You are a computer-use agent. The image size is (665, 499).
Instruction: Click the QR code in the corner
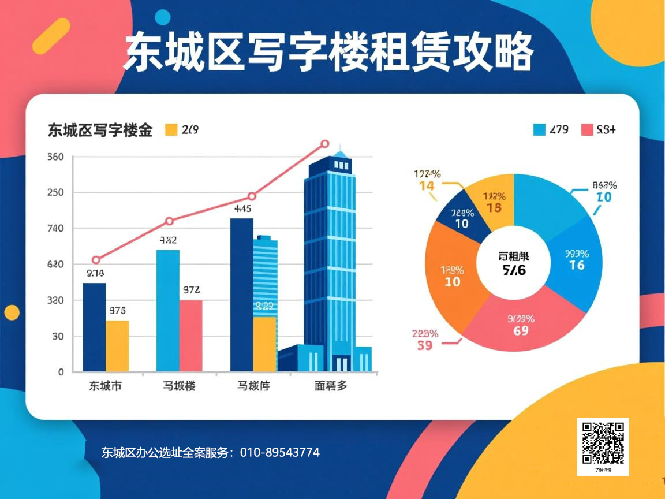pos(603,443)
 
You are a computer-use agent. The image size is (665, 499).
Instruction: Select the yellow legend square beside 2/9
pos(171,130)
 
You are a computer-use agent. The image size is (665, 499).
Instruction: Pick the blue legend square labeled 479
pos(539,129)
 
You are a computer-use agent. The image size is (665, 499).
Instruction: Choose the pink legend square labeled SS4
pos(587,129)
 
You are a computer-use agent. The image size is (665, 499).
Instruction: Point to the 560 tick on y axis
pos(55,157)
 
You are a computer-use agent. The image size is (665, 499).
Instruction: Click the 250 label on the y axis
pos(55,193)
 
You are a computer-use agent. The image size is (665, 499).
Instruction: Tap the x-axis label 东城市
pos(106,386)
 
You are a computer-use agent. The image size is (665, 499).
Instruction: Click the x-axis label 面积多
pos(331,386)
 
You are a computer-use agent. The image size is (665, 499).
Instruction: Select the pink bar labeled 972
pos(190,335)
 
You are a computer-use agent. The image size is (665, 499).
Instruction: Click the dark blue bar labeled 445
pos(241,295)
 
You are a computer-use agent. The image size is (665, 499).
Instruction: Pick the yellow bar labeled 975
pos(117,345)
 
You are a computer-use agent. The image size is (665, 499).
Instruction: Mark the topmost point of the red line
pos(324,144)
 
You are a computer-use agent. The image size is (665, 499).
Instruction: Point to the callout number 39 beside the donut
pos(424,345)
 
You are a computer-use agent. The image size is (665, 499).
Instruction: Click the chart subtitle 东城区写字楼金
pos(100,131)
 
